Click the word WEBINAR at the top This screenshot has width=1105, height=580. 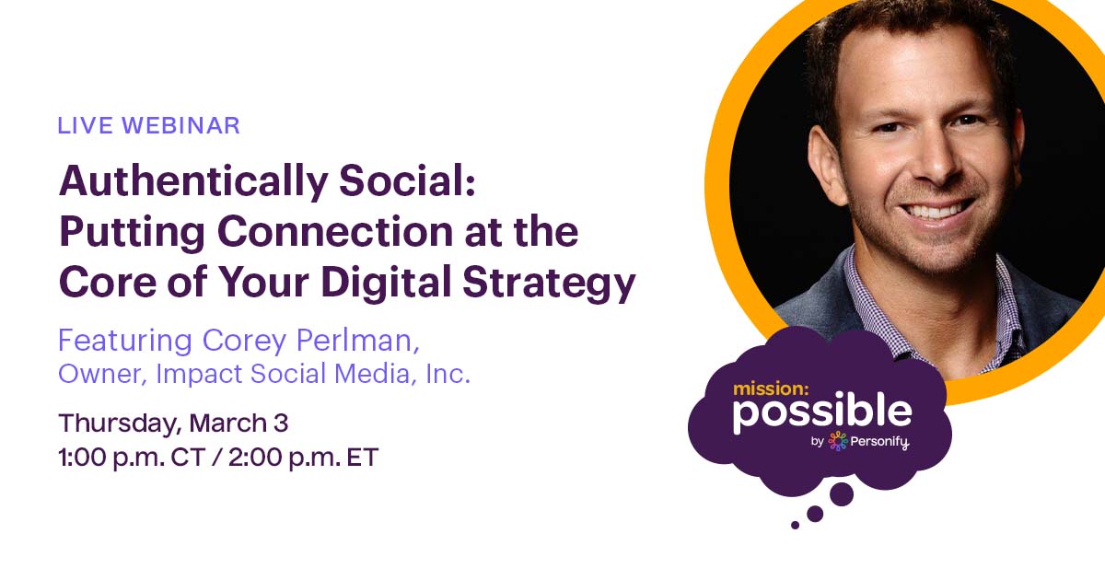coord(180,125)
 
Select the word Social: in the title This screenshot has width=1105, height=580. coord(407,180)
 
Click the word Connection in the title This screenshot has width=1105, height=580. coord(335,231)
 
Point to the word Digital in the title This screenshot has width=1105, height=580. coord(386,283)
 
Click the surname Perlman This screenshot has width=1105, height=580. coord(357,341)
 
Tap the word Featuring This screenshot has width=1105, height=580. coord(125,342)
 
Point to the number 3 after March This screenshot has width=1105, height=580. coord(281,423)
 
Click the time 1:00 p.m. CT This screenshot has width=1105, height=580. coord(132,458)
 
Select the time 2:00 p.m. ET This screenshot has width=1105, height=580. coord(303,458)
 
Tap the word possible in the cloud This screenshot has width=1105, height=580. coord(821,414)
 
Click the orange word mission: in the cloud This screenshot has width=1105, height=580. coord(771,389)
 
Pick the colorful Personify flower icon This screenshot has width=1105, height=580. coord(838,441)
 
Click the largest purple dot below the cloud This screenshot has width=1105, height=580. coord(841,494)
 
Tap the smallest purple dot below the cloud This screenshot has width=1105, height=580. coord(795,526)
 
